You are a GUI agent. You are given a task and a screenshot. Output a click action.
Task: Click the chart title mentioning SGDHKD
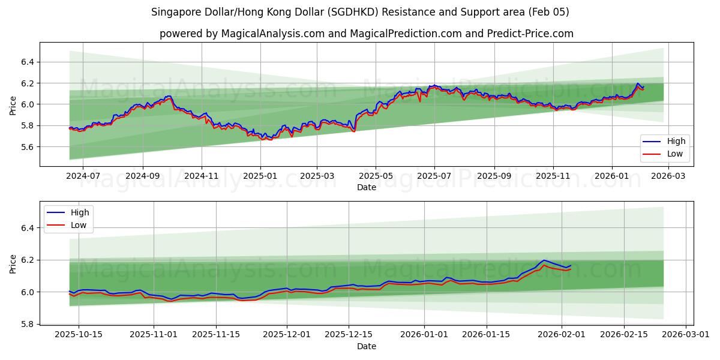click(360, 12)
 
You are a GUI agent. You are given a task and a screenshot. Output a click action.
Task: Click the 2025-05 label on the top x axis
click(376, 176)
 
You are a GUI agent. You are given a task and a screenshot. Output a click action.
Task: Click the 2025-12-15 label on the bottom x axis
click(349, 335)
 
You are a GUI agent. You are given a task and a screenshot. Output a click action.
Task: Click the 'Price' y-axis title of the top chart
click(13, 106)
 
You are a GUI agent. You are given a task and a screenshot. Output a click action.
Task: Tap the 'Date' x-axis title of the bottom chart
click(366, 346)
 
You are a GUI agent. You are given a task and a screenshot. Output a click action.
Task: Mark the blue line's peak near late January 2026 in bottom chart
click(544, 260)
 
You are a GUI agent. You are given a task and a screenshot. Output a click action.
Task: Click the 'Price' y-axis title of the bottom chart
click(13, 264)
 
